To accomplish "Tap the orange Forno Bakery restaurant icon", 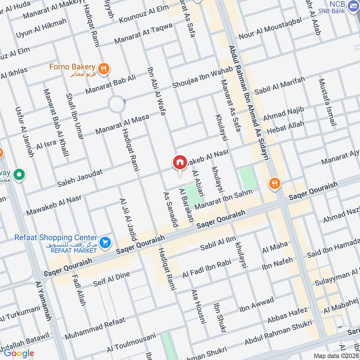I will click(x=104, y=68).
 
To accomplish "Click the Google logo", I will click(x=18, y=353).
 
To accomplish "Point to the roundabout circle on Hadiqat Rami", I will click(x=117, y=105).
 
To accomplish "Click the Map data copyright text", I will click(x=336, y=355).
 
